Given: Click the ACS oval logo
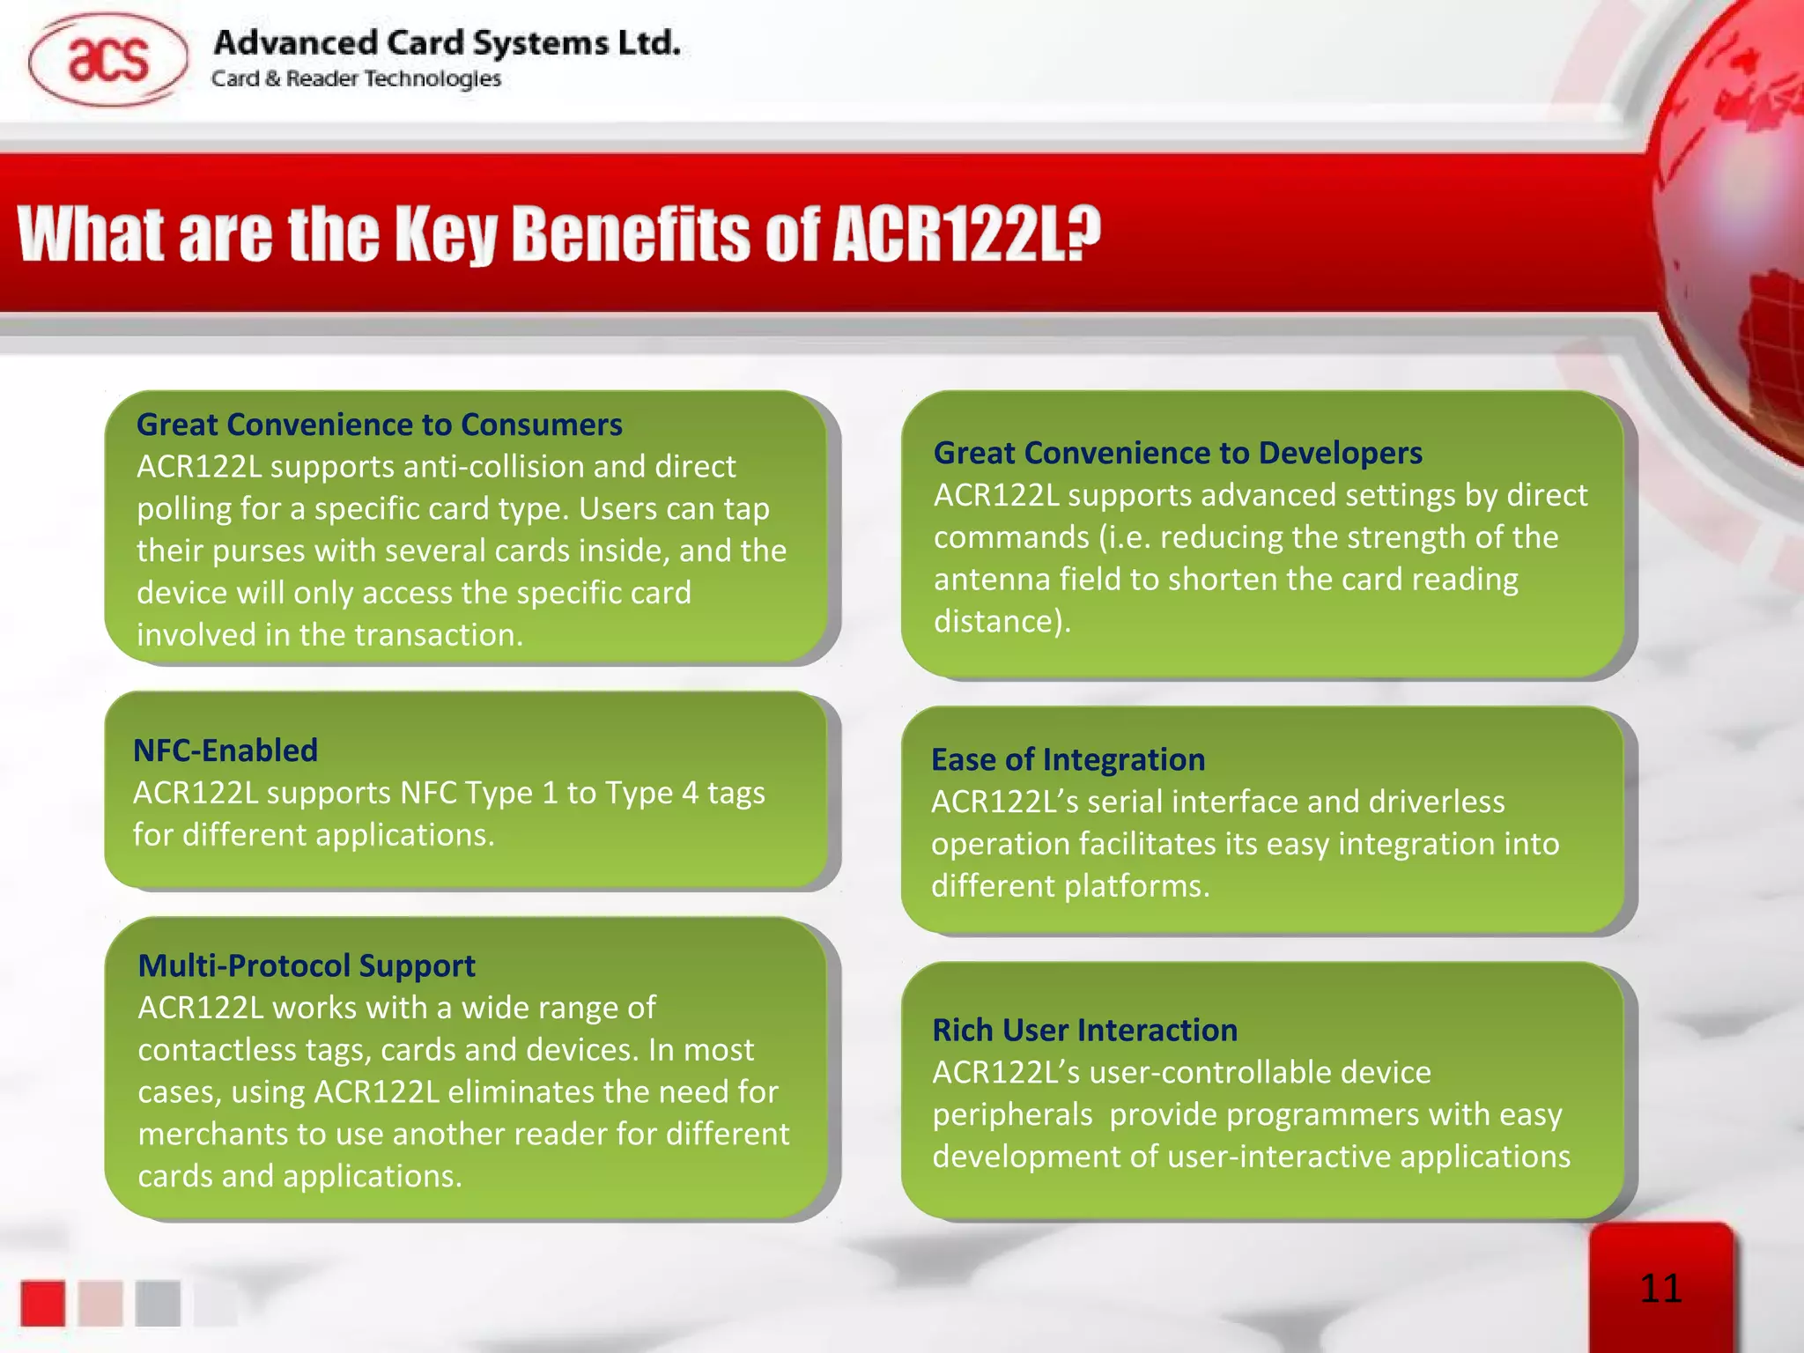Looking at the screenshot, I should pyautogui.click(x=107, y=60).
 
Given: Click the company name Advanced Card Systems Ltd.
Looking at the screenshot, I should pyautogui.click(x=447, y=42).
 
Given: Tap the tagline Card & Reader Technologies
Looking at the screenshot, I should pyautogui.click(x=356, y=79).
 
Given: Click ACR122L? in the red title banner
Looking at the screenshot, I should pyautogui.click(x=966, y=234).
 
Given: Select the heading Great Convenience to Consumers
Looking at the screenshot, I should pyautogui.click(x=379, y=425).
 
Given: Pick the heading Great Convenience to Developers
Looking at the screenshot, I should pyautogui.click(x=1177, y=453).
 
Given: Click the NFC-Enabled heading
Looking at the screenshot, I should pyautogui.click(x=225, y=750).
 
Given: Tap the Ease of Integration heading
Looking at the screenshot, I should pyautogui.click(x=1068, y=759).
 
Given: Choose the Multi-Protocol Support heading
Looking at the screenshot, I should pyautogui.click(x=307, y=965).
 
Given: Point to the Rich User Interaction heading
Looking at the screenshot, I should pyautogui.click(x=1084, y=1030).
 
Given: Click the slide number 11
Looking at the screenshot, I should pyautogui.click(x=1660, y=1289).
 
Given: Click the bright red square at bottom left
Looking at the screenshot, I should pyautogui.click(x=43, y=1303).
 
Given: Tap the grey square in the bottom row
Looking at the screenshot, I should pyautogui.click(x=158, y=1303).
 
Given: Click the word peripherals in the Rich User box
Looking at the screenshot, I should pyautogui.click(x=1012, y=1114).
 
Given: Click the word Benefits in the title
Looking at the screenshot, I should pyautogui.click(x=631, y=234).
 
